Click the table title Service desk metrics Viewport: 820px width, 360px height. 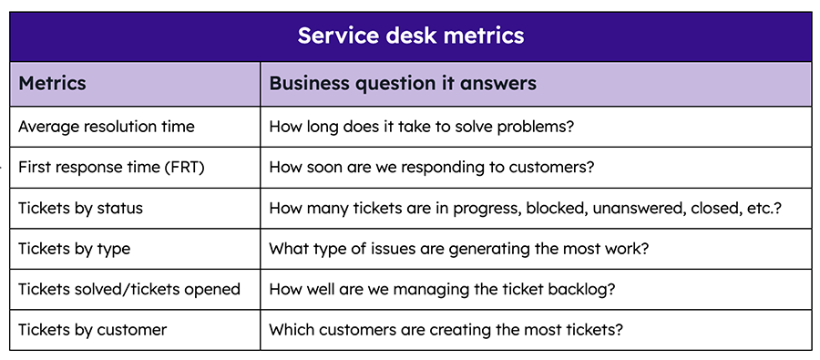point(410,36)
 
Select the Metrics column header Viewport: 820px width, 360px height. point(52,84)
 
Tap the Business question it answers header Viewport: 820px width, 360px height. point(402,84)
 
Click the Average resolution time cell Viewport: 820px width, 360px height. point(106,127)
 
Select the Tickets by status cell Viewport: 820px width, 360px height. point(80,208)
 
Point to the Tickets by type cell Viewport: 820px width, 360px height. point(75,249)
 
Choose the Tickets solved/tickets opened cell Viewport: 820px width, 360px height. point(128,289)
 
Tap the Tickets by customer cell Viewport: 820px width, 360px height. point(92,330)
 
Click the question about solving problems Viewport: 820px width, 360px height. point(421,127)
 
